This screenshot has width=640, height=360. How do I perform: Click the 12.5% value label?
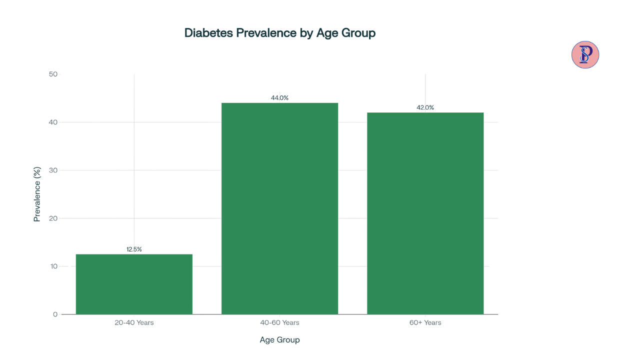[134, 249]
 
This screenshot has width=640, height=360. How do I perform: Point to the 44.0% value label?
[279, 98]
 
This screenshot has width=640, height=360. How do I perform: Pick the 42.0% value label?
[425, 107]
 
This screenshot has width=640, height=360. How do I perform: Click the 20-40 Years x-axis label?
[134, 322]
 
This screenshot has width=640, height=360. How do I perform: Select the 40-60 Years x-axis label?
[279, 322]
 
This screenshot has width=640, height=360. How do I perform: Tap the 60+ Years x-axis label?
[425, 322]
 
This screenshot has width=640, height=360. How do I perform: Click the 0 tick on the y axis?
[55, 314]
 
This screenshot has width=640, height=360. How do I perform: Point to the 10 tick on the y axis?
[53, 266]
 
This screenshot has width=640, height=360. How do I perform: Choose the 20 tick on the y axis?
[53, 218]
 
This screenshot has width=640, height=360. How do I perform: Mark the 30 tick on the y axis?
[53, 170]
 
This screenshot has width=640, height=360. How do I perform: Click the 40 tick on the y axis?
[53, 122]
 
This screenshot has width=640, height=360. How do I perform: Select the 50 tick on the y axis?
[53, 74]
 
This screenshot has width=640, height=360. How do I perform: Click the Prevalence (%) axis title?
[37, 194]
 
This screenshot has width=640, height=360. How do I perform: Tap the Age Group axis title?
[279, 340]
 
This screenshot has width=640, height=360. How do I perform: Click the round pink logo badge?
[585, 54]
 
